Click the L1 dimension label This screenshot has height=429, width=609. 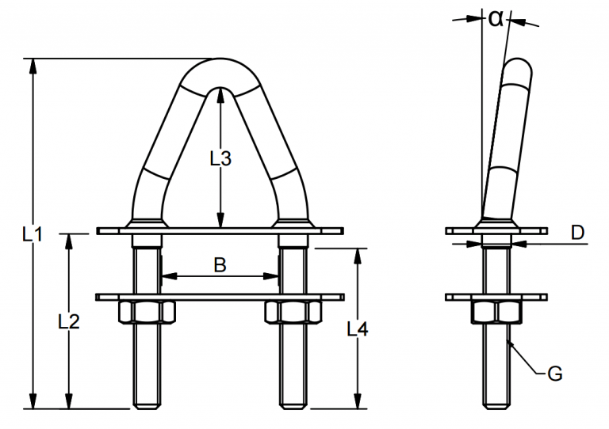(x=33, y=234)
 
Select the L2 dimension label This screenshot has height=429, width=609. (x=69, y=321)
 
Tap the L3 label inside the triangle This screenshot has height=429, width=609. (x=220, y=158)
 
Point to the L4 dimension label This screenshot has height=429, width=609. (x=358, y=328)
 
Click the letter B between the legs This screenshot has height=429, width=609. (x=220, y=265)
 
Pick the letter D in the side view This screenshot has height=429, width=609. (x=577, y=233)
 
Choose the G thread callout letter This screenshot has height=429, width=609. (x=555, y=374)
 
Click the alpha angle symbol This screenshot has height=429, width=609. (x=496, y=18)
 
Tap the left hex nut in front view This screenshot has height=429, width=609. (x=147, y=312)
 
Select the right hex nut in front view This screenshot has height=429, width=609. (x=293, y=312)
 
